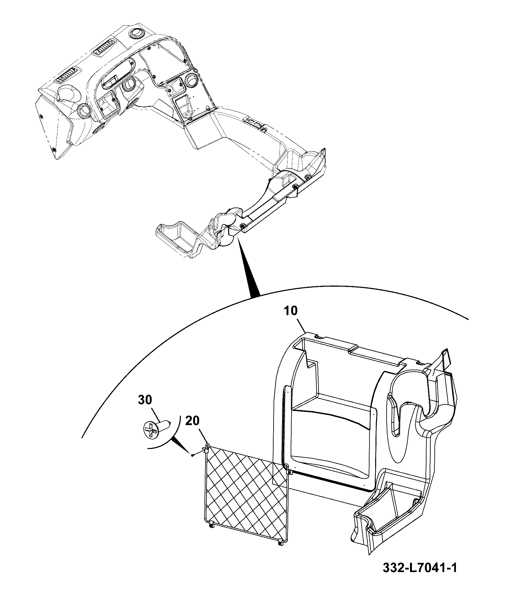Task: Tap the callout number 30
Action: (x=145, y=400)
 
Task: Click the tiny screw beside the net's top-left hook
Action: (x=192, y=455)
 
